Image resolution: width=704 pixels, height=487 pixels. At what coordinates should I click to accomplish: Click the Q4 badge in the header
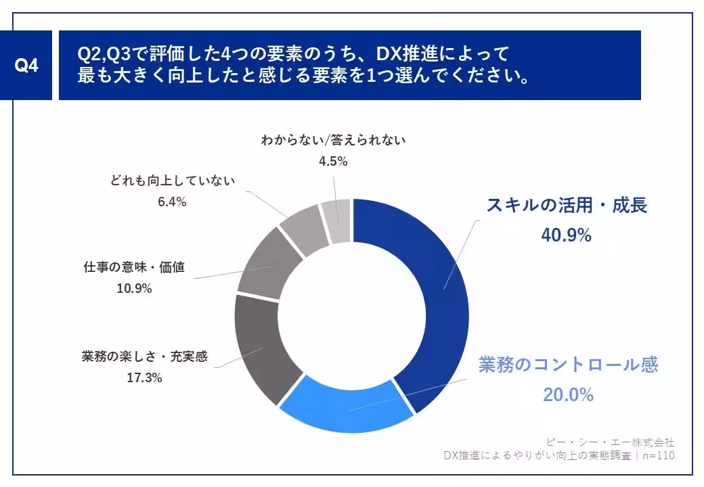tap(26, 66)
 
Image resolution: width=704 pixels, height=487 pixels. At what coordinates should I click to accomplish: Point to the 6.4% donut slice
tap(304, 230)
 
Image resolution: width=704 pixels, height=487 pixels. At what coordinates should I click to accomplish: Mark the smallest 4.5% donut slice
tap(336, 221)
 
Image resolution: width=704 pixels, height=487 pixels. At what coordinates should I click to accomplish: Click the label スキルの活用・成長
tap(567, 205)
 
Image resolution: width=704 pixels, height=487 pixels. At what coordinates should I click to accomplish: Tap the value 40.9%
tap(567, 235)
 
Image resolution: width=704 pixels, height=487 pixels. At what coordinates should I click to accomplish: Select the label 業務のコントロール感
tap(568, 365)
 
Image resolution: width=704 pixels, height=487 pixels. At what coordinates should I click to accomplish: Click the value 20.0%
tap(568, 394)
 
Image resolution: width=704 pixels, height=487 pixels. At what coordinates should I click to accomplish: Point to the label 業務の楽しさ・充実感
tap(144, 356)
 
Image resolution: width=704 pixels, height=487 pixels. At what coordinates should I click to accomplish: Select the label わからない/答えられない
tap(333, 141)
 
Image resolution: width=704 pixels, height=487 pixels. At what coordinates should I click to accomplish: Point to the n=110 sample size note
tap(659, 456)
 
